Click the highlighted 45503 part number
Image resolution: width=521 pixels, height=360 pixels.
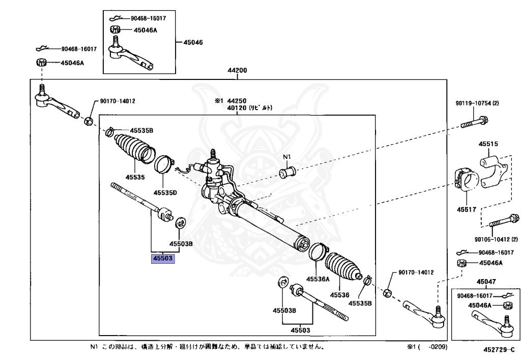pyautogui.click(x=163, y=258)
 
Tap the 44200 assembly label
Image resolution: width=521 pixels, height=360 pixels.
pyautogui.click(x=237, y=70)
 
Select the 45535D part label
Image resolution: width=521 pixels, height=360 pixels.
pyautogui.click(x=165, y=193)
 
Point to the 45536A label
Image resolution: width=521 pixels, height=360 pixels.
pyautogui.click(x=317, y=279)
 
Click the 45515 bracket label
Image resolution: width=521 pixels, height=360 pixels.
pyautogui.click(x=488, y=144)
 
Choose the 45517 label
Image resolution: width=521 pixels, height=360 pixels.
pyautogui.click(x=467, y=209)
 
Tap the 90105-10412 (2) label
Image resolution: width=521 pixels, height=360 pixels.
pyautogui.click(x=496, y=239)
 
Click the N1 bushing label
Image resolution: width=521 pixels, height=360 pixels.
pyautogui.click(x=287, y=157)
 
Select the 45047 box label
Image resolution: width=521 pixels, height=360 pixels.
pyautogui.click(x=486, y=282)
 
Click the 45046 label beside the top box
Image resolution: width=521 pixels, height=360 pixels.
pyautogui.click(x=193, y=42)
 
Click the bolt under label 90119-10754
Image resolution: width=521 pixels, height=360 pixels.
pyautogui.click(x=475, y=122)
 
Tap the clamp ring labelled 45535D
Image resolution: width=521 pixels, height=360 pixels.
pyautogui.click(x=163, y=163)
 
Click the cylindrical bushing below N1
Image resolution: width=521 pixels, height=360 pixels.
pyautogui.click(x=287, y=172)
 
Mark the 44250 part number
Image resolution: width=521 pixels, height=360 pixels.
pyautogui.click(x=237, y=101)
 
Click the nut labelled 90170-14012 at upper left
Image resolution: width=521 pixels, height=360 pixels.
pyautogui.click(x=89, y=121)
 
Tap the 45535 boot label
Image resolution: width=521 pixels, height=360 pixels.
pyautogui.click(x=135, y=177)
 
